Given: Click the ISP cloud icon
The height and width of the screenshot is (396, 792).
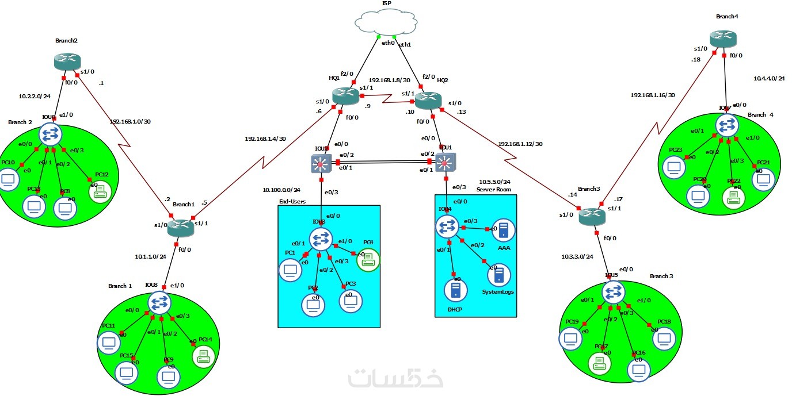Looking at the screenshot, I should (386, 24).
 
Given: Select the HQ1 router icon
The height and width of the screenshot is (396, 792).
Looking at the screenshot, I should (345, 96).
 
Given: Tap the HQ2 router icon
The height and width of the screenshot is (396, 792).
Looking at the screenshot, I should (428, 100).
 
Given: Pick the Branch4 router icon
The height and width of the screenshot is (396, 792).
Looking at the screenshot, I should (724, 39).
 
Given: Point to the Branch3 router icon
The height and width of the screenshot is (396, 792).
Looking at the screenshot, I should (592, 216).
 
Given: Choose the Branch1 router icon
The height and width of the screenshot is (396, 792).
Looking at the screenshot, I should (182, 229).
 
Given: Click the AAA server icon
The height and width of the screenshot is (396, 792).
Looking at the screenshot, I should (504, 230).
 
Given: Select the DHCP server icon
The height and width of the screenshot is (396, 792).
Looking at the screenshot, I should (456, 289).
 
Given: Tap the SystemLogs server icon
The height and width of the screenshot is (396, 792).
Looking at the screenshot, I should (498, 275).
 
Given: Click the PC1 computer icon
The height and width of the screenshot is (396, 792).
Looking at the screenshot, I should (290, 270).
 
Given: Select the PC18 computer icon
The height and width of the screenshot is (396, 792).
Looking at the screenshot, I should (664, 338).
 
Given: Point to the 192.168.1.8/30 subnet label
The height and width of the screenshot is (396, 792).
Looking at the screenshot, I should (389, 80).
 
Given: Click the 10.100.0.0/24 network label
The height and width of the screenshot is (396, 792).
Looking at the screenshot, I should (281, 190).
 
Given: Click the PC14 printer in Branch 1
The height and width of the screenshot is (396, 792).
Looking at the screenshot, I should (203, 356).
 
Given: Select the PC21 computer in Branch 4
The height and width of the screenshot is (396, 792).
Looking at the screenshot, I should (763, 179).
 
